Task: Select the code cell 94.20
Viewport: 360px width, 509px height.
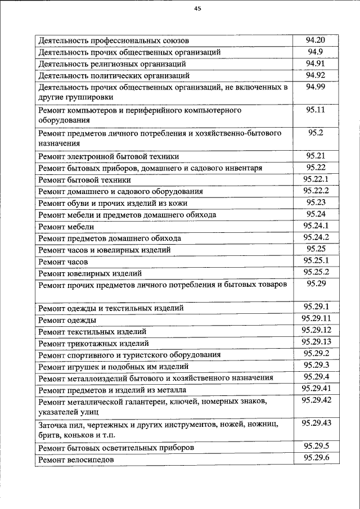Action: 316,40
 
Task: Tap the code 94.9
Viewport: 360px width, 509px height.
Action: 316,52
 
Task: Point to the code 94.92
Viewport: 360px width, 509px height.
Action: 316,75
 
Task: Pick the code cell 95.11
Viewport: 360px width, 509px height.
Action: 316,110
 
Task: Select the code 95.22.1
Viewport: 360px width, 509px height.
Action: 316,179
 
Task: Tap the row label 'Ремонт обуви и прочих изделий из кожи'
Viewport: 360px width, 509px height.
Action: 112,204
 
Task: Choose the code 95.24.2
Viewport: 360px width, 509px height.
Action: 316,237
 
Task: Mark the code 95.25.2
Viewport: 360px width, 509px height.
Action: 316,272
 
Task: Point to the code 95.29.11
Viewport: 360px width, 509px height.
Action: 316,319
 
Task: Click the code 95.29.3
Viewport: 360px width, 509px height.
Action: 316,365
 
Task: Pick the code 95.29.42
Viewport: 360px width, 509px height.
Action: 316,400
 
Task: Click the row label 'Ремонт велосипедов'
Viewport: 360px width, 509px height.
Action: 75,460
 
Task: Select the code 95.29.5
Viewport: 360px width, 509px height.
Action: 316,447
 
